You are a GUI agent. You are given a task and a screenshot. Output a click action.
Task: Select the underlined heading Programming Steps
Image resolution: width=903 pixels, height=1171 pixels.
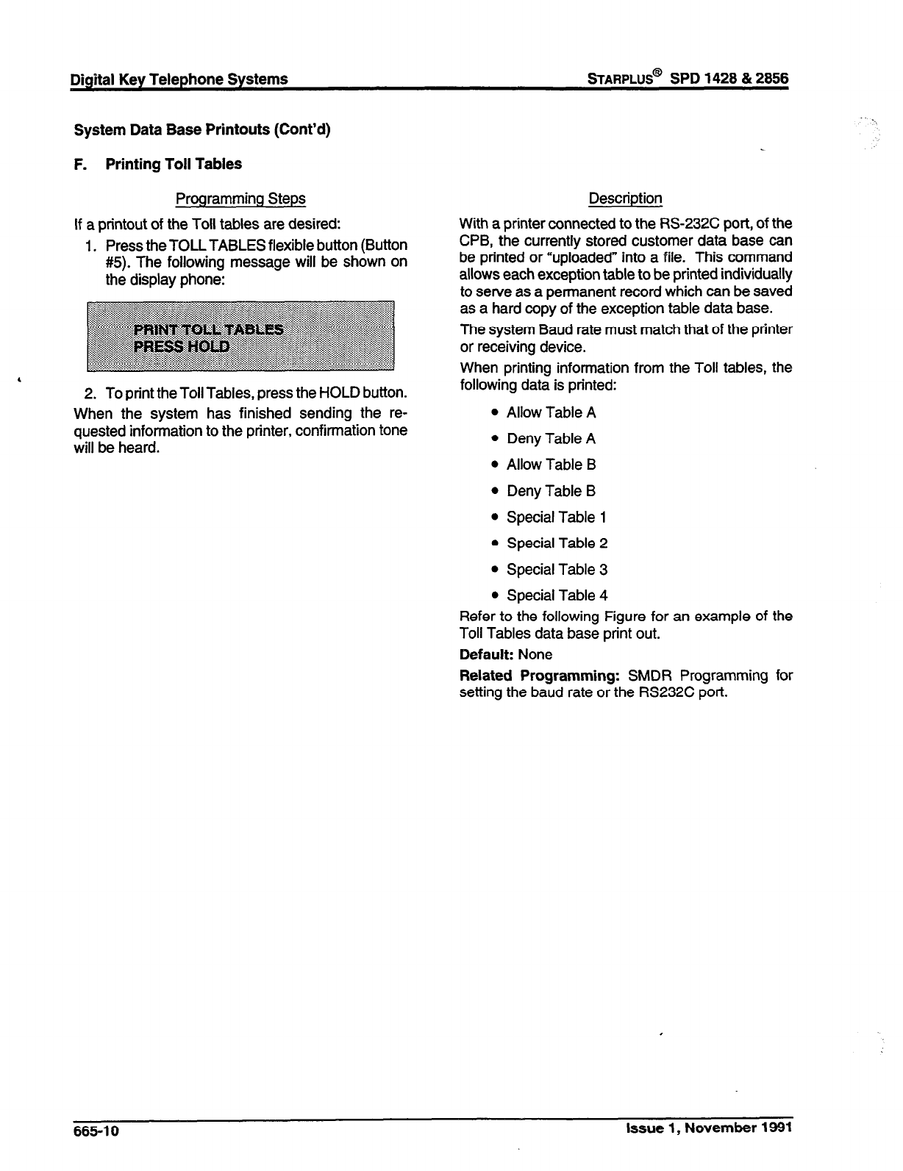(240, 198)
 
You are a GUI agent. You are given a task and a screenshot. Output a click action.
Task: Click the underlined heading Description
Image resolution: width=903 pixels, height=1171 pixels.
(625, 198)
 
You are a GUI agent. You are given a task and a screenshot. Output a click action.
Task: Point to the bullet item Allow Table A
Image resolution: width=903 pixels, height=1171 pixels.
(551, 412)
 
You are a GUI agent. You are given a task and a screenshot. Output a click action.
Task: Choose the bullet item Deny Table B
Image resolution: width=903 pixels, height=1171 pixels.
(551, 491)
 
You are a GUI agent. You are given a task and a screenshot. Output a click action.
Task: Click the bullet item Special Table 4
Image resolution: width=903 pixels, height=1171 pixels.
(557, 595)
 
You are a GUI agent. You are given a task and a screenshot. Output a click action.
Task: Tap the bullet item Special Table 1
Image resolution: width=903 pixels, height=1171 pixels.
(556, 518)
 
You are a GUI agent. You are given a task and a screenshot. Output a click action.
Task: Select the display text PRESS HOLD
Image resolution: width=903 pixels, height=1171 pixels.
(181, 346)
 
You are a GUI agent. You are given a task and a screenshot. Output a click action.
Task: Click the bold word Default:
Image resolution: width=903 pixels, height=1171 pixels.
(486, 655)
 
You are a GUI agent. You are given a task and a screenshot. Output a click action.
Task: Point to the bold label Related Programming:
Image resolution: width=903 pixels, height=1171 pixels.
(540, 676)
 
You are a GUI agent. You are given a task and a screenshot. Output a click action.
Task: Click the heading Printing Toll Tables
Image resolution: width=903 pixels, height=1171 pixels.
(174, 164)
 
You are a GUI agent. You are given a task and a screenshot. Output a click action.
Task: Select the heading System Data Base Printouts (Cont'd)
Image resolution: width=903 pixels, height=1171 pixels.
(202, 130)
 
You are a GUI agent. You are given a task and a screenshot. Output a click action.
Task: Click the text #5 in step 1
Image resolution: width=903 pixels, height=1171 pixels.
(118, 262)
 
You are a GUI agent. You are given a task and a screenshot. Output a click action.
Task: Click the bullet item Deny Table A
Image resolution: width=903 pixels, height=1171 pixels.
(551, 439)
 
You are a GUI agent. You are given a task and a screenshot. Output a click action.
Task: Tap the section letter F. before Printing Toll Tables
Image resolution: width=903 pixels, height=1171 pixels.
(81, 164)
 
